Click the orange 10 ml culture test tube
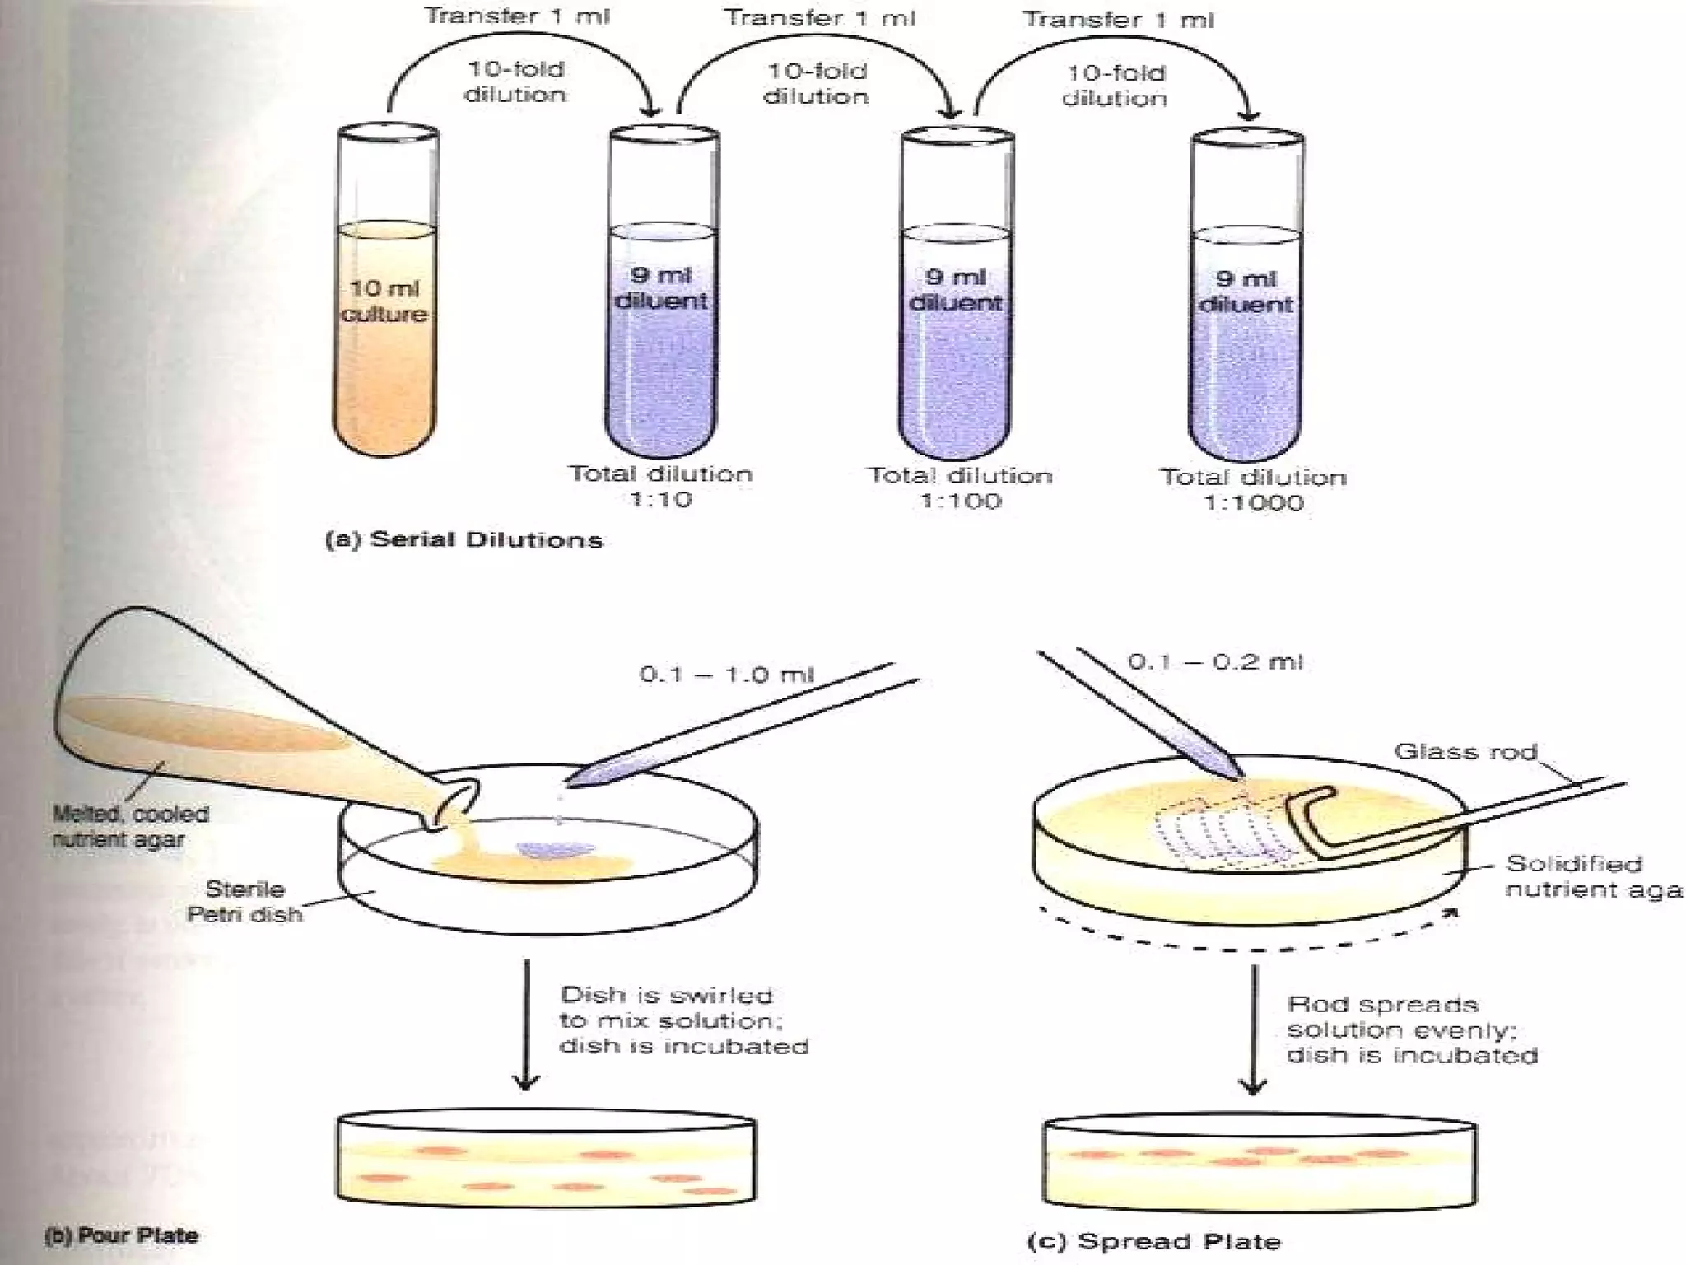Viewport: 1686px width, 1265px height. [x=384, y=329]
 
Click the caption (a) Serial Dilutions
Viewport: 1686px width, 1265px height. [x=464, y=540]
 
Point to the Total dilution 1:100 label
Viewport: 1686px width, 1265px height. [x=961, y=488]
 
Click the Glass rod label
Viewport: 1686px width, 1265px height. [x=1465, y=751]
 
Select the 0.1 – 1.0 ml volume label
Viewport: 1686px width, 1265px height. [x=726, y=675]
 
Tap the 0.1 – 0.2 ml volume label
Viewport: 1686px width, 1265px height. [x=1215, y=662]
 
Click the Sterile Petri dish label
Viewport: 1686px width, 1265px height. [x=245, y=901]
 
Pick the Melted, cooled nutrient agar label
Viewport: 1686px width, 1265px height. [x=130, y=826]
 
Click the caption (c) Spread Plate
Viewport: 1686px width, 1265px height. [x=1154, y=1241]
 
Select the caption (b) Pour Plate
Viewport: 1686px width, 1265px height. [x=121, y=1235]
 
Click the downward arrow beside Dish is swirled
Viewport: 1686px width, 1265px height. [x=526, y=1025]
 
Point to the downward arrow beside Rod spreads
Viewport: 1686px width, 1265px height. [x=1254, y=1029]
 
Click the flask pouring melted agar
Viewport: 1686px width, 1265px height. [x=206, y=725]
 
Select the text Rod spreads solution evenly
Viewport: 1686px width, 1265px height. [x=1411, y=1029]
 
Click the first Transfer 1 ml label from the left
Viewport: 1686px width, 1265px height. [x=517, y=16]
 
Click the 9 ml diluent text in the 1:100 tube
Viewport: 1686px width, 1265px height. [x=956, y=290]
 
